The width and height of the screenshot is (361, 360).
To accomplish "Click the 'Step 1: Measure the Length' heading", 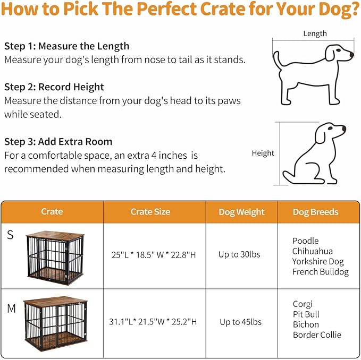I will click(x=66, y=46).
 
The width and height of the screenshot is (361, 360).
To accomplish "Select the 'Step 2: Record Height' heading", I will click(x=54, y=87).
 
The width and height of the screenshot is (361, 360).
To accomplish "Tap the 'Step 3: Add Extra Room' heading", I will click(x=58, y=142).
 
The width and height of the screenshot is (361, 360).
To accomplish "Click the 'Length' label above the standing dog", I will click(x=315, y=33).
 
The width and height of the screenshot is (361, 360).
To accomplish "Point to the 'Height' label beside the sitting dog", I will click(x=263, y=153).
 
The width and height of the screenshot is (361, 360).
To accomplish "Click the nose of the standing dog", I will click(x=351, y=54).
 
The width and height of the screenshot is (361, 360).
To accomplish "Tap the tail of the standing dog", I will click(x=276, y=59).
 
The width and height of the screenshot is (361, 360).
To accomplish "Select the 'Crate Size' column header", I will click(x=150, y=212).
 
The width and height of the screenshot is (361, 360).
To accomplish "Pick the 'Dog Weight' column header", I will click(x=241, y=212).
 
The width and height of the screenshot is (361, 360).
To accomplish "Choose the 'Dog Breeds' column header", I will click(x=315, y=212).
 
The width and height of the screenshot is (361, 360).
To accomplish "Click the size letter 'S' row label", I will click(x=10, y=235).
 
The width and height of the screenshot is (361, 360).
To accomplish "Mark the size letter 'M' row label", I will click(x=11, y=308).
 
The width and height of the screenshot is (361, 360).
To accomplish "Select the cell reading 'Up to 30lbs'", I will click(x=239, y=254).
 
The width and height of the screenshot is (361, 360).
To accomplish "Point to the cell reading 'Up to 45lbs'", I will click(x=240, y=322).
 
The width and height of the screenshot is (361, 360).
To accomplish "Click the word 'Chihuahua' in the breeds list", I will click(x=312, y=251).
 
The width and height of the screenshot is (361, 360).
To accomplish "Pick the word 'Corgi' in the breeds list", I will click(x=303, y=304).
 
